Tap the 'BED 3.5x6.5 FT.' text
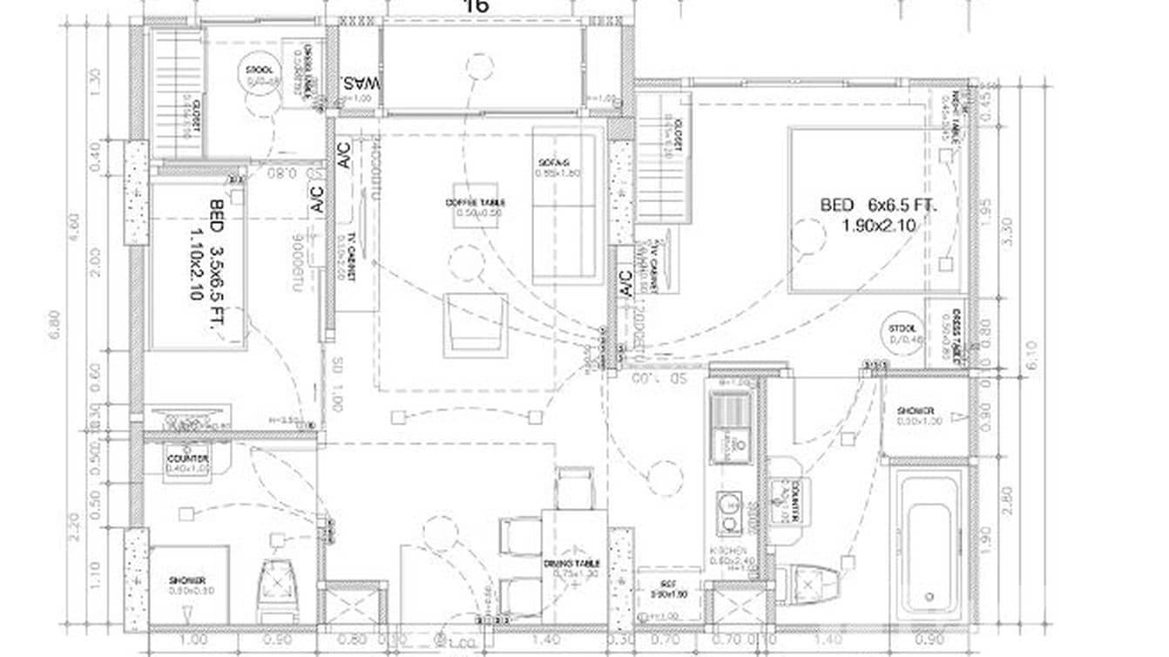coord(206,250)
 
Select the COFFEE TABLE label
coord(475,203)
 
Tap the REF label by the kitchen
coord(668,590)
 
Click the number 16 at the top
coord(476,6)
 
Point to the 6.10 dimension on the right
coord(1033,356)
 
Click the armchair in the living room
coord(475,323)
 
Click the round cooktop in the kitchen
coord(728,506)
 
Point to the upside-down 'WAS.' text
coord(361,85)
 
